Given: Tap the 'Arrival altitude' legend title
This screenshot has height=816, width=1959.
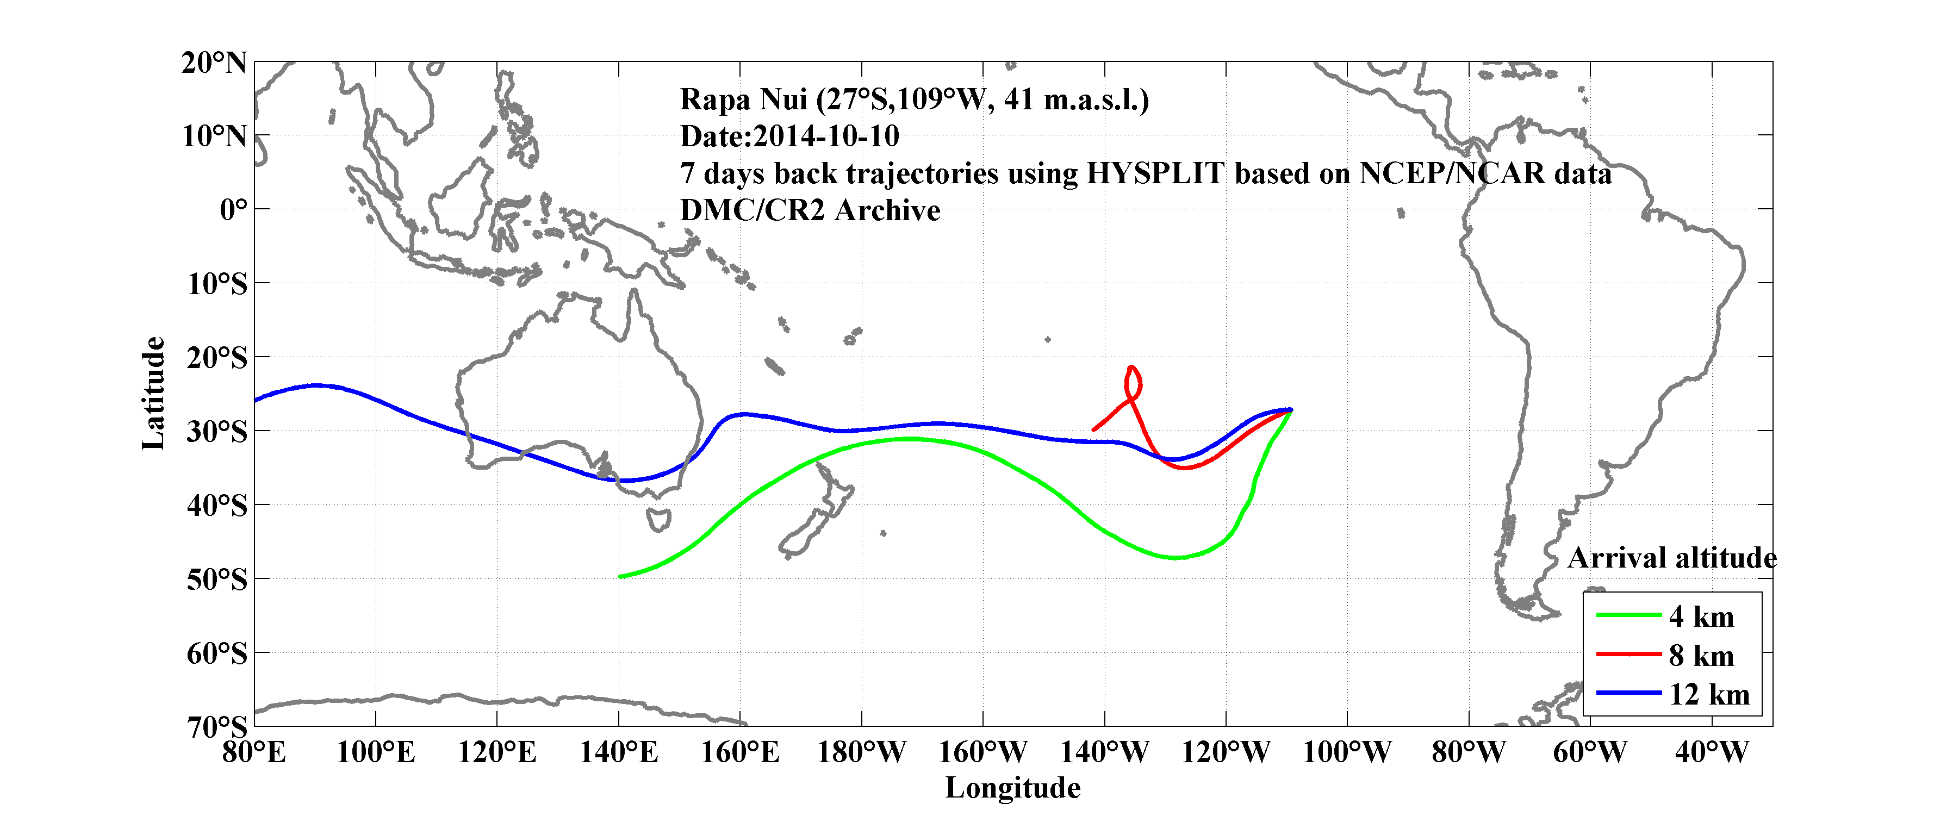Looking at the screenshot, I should click(x=1671, y=558).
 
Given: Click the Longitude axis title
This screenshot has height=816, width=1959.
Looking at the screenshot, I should click(x=1012, y=788).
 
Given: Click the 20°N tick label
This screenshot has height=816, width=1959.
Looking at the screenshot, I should click(x=214, y=63).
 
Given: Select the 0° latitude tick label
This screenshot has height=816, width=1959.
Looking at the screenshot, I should click(x=233, y=210).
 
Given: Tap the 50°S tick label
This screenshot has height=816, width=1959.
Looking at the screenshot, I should click(x=217, y=580).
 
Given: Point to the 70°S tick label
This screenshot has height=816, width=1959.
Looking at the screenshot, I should click(x=217, y=727).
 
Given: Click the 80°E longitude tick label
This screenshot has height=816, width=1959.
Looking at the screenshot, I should click(x=254, y=753).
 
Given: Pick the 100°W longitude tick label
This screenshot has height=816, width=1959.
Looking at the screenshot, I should click(x=1346, y=753).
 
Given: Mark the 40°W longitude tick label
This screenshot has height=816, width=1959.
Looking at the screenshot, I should click(x=1711, y=753).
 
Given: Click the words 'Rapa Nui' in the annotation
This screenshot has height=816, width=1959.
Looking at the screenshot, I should click(x=742, y=99).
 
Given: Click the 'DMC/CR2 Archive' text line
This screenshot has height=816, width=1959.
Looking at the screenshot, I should click(x=810, y=210).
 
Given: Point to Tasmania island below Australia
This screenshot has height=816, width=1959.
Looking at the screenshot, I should click(x=658, y=520).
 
